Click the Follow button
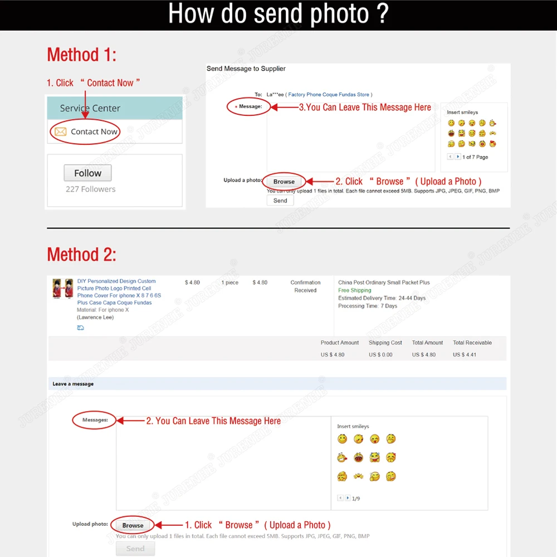[87, 173]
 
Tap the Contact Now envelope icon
[60, 132]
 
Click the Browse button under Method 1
[284, 182]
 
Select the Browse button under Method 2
[133, 525]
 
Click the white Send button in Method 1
[280, 201]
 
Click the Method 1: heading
[81, 55]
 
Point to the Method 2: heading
[81, 255]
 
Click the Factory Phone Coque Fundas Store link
[329, 95]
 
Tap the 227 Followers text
[91, 189]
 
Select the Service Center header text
[90, 108]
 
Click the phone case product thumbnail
[63, 289]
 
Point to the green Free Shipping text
[354, 290]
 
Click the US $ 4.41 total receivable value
[465, 354]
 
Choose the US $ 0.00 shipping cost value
[380, 354]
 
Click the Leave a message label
[73, 384]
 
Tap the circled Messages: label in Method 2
[95, 420]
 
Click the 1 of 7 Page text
[475, 157]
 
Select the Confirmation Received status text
[305, 286]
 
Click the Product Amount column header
[340, 343]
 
